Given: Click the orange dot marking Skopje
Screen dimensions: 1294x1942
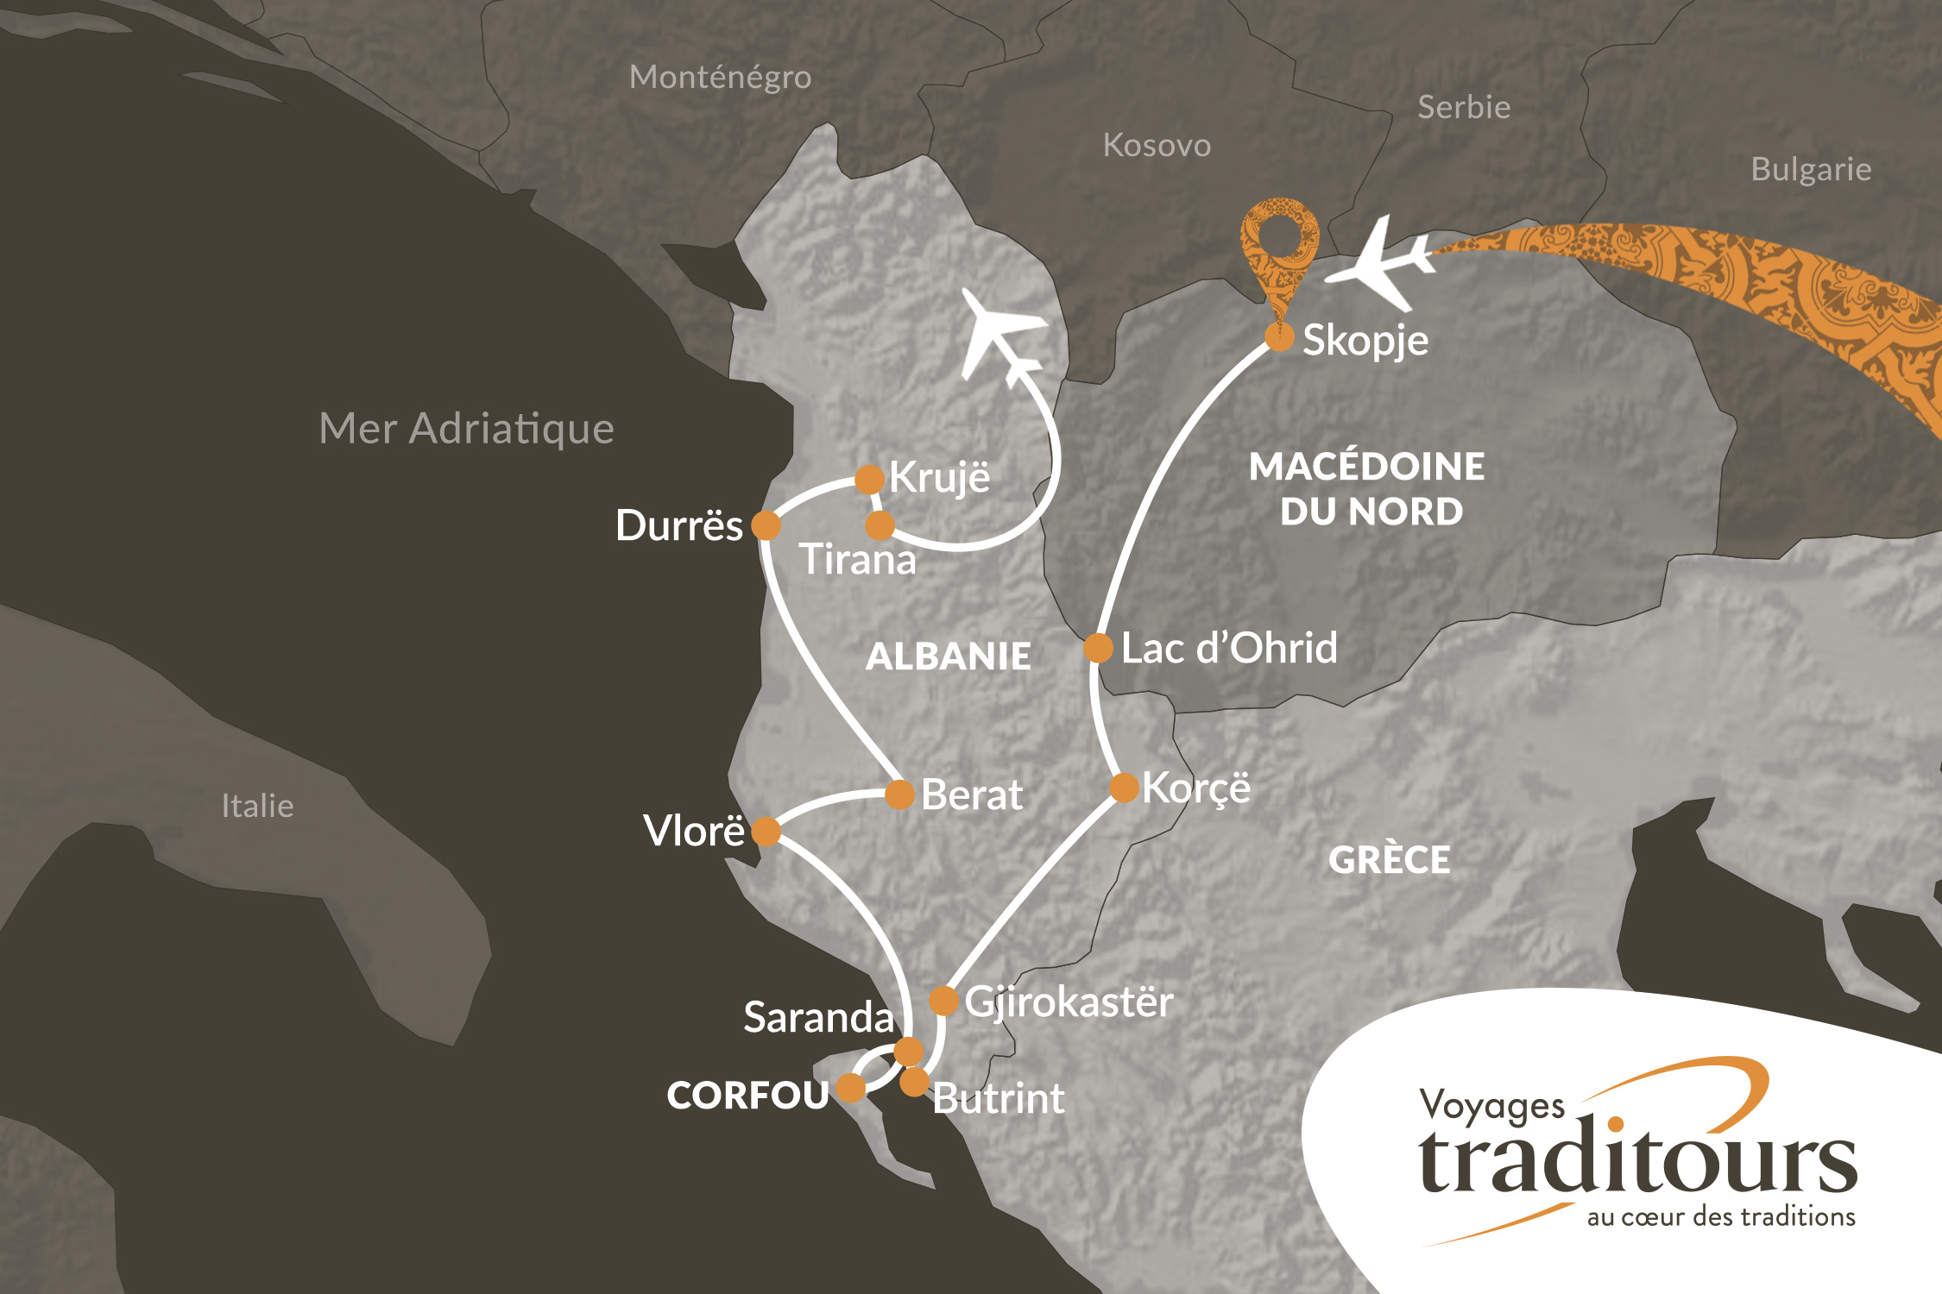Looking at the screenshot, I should pyautogui.click(x=1279, y=337).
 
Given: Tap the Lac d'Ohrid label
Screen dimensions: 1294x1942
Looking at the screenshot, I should pyautogui.click(x=1229, y=648).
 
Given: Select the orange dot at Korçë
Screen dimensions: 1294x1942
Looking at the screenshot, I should pyautogui.click(x=1124, y=787).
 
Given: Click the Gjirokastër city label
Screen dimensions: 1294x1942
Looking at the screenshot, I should pyautogui.click(x=1069, y=1002).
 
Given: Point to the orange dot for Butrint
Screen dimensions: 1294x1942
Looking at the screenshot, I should pyautogui.click(x=914, y=1081).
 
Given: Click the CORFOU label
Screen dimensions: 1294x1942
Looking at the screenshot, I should pyautogui.click(x=747, y=1096).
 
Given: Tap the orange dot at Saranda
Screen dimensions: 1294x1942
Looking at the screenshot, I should pyautogui.click(x=908, y=1052).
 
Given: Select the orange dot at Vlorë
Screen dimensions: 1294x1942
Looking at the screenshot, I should pyautogui.click(x=766, y=832).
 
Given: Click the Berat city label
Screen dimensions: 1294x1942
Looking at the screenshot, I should pyautogui.click(x=972, y=795).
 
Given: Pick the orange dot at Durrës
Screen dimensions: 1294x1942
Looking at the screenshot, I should pyautogui.click(x=766, y=525).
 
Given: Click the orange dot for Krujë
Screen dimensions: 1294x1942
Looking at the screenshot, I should pyautogui.click(x=869, y=479).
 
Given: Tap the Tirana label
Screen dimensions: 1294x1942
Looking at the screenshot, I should pyautogui.click(x=857, y=560).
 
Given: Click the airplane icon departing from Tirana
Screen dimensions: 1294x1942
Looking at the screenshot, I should pyautogui.click(x=1001, y=336).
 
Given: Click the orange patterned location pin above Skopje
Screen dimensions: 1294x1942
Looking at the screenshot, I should pyautogui.click(x=1279, y=250).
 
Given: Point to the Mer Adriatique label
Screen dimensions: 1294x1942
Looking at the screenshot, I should pyautogui.click(x=466, y=429).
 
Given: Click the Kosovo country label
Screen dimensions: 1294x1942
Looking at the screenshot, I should pyautogui.click(x=1157, y=146).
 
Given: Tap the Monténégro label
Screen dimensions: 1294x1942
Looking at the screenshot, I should pyautogui.click(x=720, y=78).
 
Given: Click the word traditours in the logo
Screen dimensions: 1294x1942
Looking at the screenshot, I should pyautogui.click(x=1636, y=1160).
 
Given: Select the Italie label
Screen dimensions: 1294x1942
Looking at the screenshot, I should pyautogui.click(x=257, y=806).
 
